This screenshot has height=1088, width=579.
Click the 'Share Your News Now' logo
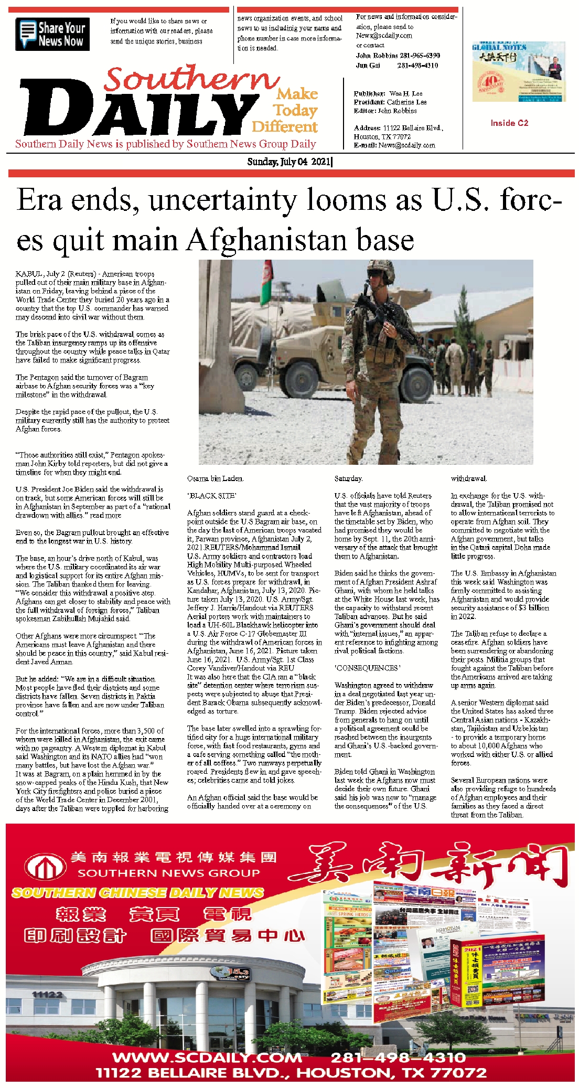(52, 34)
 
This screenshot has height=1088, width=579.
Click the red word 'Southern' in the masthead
(191, 79)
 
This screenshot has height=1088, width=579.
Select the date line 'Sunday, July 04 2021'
(289, 162)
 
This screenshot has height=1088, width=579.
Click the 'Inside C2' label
(509, 123)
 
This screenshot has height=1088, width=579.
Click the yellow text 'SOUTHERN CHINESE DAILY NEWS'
(137, 892)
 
